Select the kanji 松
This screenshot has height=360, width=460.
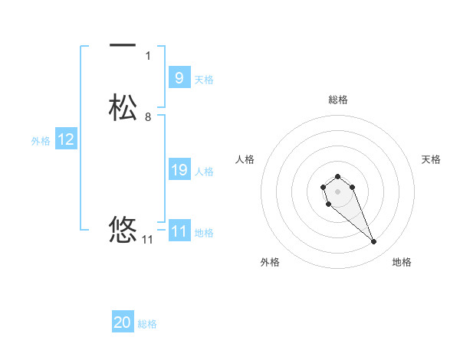(123, 107)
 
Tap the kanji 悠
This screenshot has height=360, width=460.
(123, 229)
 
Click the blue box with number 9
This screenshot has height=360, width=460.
(179, 77)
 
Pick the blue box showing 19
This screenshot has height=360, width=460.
(179, 170)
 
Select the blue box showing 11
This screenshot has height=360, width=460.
(179, 231)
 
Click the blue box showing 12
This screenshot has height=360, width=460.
(66, 139)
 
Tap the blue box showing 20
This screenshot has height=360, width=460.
(123, 323)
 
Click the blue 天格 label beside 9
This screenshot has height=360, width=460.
(204, 79)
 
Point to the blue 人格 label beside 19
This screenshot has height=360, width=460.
(205, 172)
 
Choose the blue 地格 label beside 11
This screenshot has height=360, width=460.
(205, 233)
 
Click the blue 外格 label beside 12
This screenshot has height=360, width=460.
(41, 141)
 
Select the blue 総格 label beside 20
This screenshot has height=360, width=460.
(148, 325)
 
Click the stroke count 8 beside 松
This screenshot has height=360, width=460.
(148, 117)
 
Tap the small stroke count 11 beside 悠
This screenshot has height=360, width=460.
(148, 240)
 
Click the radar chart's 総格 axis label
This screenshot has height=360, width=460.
(337, 100)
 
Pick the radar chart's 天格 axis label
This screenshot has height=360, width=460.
(431, 159)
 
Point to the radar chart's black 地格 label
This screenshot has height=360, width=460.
(402, 263)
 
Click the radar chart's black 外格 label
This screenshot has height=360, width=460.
(270, 263)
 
